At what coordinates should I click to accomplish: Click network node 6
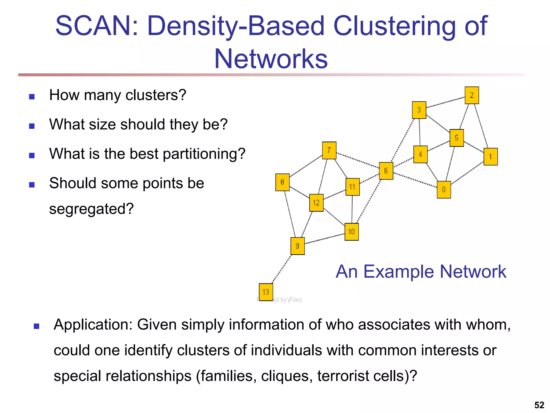click(x=386, y=171)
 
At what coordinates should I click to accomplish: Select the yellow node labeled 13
click(x=266, y=292)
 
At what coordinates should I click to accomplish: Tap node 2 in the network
click(x=472, y=95)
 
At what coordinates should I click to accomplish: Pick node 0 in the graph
click(x=444, y=190)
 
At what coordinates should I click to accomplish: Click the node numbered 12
click(x=316, y=203)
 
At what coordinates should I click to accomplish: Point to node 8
click(x=282, y=182)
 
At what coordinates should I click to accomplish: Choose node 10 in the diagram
click(x=352, y=232)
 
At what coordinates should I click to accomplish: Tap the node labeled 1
click(x=490, y=156)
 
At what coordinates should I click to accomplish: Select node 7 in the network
click(x=329, y=150)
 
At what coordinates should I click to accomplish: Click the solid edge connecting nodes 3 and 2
click(x=446, y=102)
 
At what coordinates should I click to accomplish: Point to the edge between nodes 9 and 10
click(x=325, y=239)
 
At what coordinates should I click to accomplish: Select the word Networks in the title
click(x=271, y=59)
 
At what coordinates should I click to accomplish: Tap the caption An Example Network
click(x=421, y=272)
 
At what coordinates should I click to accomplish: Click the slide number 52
click(x=539, y=405)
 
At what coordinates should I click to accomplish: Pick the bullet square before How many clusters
click(x=32, y=97)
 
